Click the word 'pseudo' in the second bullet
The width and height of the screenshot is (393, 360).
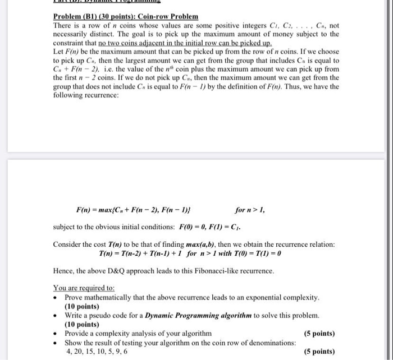(102, 315)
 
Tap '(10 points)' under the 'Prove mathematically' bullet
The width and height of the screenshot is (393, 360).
(82, 306)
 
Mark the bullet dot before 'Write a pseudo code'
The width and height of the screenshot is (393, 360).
(57, 316)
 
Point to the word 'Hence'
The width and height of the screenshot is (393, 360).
(64, 271)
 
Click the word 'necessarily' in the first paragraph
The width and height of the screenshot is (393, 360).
(75, 34)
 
